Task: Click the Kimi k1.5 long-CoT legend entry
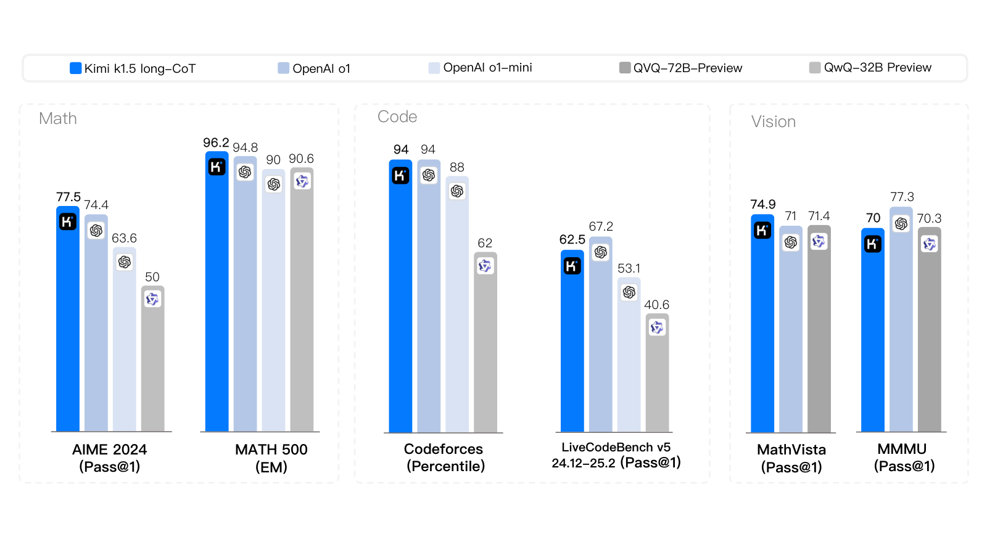(133, 68)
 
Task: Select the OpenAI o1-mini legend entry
(481, 68)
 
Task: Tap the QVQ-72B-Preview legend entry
(681, 68)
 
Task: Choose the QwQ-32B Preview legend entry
(870, 67)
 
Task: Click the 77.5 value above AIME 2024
(68, 197)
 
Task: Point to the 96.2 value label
(216, 142)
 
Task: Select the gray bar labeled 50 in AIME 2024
(152, 358)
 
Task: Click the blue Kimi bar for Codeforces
(400, 296)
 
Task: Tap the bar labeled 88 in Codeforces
(457, 305)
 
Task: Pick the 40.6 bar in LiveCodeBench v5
(657, 372)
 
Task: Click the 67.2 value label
(601, 226)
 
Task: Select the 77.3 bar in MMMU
(901, 319)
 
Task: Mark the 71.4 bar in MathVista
(819, 329)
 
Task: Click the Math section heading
(58, 118)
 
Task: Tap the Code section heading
(397, 117)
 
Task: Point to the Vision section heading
(774, 121)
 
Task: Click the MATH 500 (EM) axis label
(271, 458)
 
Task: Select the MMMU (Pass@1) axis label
(904, 458)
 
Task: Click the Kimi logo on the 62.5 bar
(572, 266)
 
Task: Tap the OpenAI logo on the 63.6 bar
(125, 263)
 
